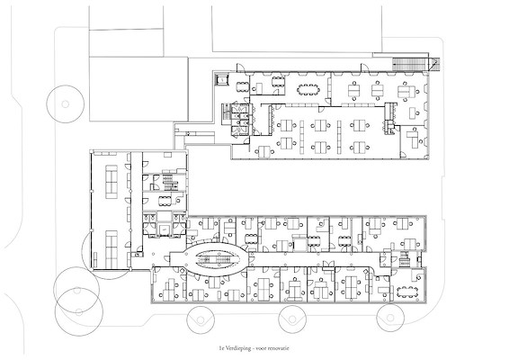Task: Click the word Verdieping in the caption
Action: point(238,348)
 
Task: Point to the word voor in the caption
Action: point(261,348)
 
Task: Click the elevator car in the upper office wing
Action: point(222,79)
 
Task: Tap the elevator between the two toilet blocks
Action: point(165,228)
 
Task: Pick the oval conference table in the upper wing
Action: point(308,89)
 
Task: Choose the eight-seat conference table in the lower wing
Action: point(406,292)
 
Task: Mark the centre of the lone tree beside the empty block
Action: point(66,104)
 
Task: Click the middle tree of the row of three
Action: point(292,319)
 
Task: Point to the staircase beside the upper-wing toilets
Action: point(226,113)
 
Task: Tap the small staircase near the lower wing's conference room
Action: point(405,259)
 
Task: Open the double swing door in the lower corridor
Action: point(328,265)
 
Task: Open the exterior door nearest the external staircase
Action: point(365,67)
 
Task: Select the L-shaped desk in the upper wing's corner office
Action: point(413,138)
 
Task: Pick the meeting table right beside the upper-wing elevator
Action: point(241,87)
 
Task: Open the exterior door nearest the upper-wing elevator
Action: point(241,67)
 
